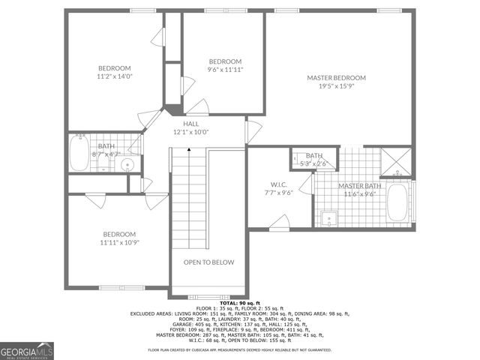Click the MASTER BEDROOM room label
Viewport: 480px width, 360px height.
coord(336,78)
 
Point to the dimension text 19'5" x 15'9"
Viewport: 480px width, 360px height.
coord(336,85)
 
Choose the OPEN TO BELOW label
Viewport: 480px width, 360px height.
coord(209,262)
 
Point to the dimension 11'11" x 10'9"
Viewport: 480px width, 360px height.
coord(119,242)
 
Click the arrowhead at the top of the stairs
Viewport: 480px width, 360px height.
coord(189,150)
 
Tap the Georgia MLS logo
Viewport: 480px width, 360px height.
coord(27,350)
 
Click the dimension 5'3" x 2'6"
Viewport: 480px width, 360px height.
coord(314,163)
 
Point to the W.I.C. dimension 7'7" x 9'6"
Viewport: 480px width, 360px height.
coord(279,192)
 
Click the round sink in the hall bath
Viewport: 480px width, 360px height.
coord(127,164)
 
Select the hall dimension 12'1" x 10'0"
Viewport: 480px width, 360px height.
coord(190,131)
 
